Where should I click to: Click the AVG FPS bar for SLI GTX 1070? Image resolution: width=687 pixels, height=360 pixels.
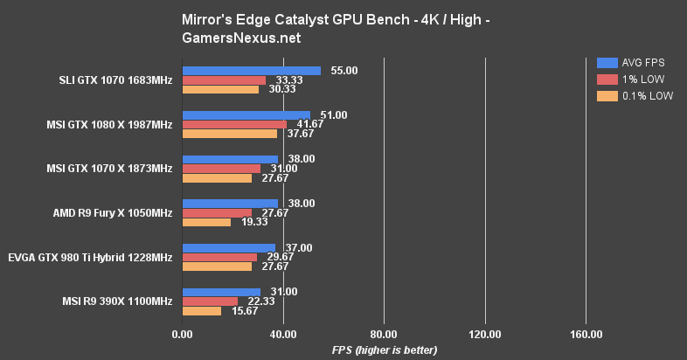tap(251, 71)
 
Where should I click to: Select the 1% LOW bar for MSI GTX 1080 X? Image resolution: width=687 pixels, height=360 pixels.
tap(234, 124)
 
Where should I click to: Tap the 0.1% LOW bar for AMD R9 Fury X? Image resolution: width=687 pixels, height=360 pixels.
tap(206, 222)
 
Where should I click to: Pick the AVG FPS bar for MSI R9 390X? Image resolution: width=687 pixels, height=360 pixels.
tap(221, 292)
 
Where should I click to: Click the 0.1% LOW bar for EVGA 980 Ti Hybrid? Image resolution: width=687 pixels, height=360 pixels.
tap(217, 266)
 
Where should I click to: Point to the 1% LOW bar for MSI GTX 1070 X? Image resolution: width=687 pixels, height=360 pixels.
tap(221, 168)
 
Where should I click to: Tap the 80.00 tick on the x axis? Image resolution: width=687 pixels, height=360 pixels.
tap(384, 334)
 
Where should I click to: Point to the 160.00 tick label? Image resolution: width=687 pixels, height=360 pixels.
tap(586, 334)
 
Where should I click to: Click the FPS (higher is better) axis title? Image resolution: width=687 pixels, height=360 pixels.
tap(384, 350)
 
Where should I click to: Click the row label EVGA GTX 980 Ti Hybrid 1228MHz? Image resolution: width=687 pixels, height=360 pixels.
tap(90, 257)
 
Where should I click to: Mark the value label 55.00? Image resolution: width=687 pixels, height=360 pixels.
tap(344, 71)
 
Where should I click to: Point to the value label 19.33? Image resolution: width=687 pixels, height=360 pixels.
tap(255, 222)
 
